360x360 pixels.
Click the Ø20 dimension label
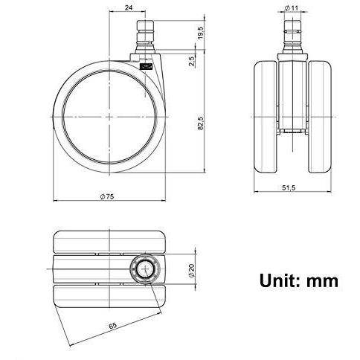[x=193, y=270]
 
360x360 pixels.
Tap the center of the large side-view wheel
[x=109, y=118]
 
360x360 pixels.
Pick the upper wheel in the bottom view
[x=112, y=245]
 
